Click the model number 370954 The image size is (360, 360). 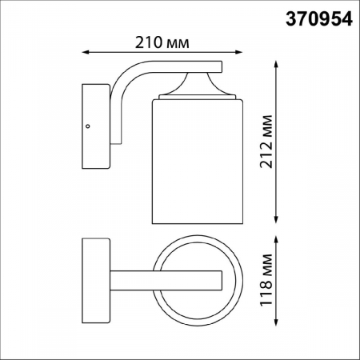(x=318, y=18)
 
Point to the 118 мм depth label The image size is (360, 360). (x=266, y=278)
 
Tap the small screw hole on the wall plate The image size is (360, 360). (x=87, y=125)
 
